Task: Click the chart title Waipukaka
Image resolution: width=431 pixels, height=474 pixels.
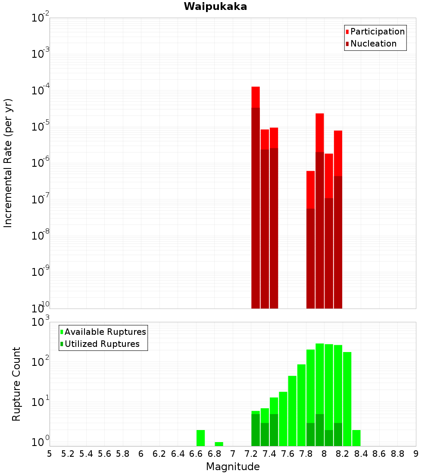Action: point(215,6)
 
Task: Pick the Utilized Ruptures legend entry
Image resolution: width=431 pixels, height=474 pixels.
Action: point(102,344)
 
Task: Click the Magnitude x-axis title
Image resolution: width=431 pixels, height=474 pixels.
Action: point(233,467)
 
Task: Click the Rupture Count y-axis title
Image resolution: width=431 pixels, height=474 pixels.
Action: point(16,384)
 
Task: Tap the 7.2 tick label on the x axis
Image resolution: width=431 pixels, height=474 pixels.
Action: point(251,454)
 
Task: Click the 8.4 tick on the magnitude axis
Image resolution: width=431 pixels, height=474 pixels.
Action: point(361,454)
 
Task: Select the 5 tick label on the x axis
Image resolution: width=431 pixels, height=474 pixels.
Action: point(50,454)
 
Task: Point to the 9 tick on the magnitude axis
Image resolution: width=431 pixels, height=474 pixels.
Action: point(416,454)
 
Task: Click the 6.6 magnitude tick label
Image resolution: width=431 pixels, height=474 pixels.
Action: point(196,454)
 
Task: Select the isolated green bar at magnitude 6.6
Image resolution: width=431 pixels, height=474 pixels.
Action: point(200,438)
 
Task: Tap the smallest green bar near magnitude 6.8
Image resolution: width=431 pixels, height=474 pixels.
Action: point(219,444)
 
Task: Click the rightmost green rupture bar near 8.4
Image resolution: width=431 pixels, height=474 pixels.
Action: point(356,438)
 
